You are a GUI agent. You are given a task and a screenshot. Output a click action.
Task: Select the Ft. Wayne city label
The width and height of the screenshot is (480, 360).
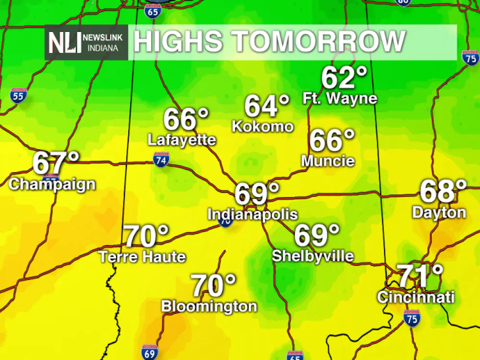click(339, 99)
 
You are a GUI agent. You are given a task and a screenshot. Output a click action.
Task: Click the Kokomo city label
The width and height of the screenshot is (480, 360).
click(263, 126)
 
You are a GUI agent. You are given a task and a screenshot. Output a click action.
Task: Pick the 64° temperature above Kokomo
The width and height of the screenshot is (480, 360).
click(267, 106)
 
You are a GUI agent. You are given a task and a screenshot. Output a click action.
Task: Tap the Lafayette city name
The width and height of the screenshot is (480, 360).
click(182, 140)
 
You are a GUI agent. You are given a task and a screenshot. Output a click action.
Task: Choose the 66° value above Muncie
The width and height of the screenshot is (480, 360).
click(332, 140)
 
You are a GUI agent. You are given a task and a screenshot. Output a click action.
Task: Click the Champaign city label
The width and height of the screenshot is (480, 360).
click(52, 184)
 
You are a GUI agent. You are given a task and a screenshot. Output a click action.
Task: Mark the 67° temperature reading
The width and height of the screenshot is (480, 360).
click(55, 163)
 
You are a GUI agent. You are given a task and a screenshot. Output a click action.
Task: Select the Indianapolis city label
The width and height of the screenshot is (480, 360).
click(252, 214)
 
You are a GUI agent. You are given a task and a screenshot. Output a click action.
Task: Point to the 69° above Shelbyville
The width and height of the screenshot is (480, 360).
click(316, 235)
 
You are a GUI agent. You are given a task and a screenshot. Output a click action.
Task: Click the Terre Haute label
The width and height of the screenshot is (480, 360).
click(142, 257)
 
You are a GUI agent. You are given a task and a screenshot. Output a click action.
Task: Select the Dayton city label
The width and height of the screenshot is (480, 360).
click(439, 212)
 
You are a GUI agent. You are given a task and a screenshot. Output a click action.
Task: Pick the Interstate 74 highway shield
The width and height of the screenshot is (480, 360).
click(161, 160)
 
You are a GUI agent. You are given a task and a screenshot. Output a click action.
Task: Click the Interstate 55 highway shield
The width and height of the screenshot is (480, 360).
click(18, 96)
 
